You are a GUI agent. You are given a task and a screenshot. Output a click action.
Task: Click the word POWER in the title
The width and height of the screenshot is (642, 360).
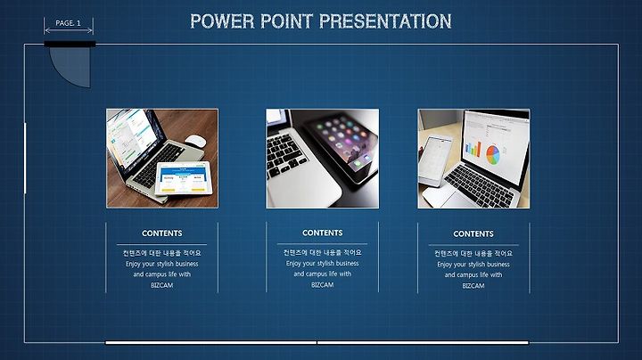pos(222,21)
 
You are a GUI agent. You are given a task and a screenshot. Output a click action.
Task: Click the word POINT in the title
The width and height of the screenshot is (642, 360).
pos(286,21)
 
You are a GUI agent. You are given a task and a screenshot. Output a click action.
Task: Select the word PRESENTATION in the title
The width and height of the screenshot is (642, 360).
pos(385,21)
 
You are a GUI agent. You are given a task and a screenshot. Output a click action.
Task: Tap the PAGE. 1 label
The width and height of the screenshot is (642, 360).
pos(68,23)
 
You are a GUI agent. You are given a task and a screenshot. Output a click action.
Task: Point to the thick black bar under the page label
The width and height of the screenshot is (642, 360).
pos(70,45)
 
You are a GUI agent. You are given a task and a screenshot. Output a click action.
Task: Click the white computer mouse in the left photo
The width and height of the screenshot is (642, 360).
pos(195,141)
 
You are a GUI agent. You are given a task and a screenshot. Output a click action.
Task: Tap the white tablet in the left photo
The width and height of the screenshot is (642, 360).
pos(184,178)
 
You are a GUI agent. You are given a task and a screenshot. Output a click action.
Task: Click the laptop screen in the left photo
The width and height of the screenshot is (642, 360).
pos(130,138)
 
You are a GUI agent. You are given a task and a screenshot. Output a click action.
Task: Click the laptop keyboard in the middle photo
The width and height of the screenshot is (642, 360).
pos(284,155)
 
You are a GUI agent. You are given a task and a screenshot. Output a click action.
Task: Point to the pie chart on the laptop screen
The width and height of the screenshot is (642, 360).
pos(493,155)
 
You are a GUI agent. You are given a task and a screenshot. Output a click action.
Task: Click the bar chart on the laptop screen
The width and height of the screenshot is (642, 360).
pos(473,149)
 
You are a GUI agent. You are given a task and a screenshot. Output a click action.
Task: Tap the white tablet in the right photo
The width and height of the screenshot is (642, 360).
pos(435,160)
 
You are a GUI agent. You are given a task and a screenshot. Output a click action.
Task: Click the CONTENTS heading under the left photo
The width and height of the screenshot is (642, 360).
pos(162,233)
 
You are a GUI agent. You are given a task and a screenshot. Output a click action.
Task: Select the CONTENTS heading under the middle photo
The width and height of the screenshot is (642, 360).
pos(323,233)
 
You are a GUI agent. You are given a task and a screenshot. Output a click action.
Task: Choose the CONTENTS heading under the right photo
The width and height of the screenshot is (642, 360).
pos(473,234)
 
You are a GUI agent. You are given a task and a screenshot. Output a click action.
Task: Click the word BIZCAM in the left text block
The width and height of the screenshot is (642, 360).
pos(161,285)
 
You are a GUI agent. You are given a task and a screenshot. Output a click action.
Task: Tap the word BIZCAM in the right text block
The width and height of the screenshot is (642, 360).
pos(473,286)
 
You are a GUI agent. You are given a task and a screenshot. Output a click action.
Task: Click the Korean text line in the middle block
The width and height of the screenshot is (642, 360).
pos(323,252)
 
